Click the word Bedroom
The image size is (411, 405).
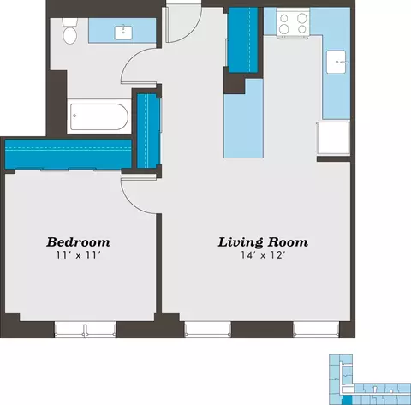[79, 242]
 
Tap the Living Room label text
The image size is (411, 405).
[263, 242]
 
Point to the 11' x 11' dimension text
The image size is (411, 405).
[79, 255]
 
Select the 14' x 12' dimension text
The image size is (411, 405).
[263, 255]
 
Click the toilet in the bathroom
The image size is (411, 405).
[70, 32]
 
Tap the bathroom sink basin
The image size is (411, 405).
[123, 33]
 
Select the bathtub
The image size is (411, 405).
[99, 116]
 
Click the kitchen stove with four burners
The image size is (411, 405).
[293, 23]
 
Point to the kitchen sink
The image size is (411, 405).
[337, 62]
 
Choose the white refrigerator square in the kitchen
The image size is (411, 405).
[333, 138]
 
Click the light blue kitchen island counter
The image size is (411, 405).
[243, 118]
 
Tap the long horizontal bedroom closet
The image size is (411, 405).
[68, 154]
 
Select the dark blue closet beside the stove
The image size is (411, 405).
[243, 40]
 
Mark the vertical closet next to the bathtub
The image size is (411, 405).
[148, 131]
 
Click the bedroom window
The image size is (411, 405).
[85, 330]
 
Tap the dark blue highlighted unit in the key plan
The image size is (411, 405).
[347, 400]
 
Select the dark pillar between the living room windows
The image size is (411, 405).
[262, 330]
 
